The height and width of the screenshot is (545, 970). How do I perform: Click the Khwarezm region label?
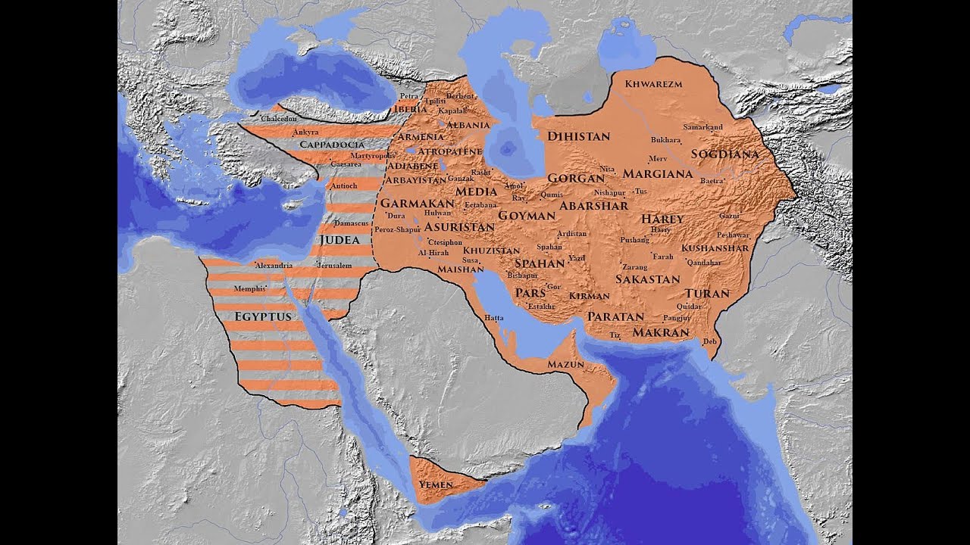coord(653,84)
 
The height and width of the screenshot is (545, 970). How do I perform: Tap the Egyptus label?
coord(263,316)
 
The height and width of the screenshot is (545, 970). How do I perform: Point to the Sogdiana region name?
coord(724,154)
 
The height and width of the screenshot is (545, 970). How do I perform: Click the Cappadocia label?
coord(332,145)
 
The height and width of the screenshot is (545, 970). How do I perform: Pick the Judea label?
coord(340,240)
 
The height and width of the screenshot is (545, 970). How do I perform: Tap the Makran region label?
coord(661,332)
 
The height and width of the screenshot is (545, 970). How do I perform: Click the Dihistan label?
coord(578,137)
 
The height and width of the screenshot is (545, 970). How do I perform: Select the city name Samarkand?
coord(702,127)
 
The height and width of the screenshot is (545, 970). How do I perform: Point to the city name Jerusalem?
coord(334,266)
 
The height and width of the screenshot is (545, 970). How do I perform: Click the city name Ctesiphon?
coord(445,242)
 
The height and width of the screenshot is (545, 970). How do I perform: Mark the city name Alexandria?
coord(274,266)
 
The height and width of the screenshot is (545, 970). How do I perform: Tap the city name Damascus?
coord(351,224)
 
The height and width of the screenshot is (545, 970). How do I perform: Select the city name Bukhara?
coord(665,140)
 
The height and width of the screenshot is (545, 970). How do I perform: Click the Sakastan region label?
coord(647,279)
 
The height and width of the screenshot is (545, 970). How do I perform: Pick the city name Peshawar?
coord(732,235)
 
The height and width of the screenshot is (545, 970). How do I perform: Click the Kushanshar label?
coord(715,248)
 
